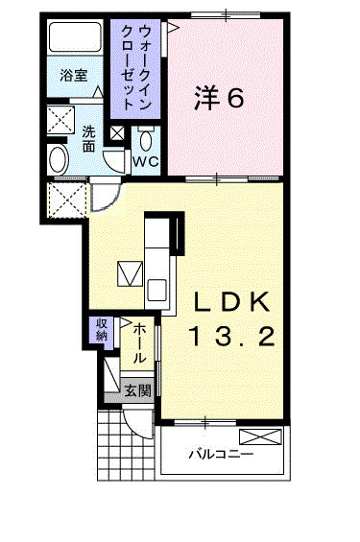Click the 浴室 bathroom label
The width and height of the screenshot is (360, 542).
pos(74,76)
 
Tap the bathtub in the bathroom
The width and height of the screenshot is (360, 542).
pos(75,37)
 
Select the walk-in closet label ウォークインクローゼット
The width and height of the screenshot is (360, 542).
pos(135,68)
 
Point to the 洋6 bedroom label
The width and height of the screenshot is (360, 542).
pos(219,97)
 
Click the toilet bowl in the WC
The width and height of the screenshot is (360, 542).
pos(146,140)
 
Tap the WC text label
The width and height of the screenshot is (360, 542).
pos(146,161)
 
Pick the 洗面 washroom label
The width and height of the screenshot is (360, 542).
pos(88,139)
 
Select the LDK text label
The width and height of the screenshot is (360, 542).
pos(231,302)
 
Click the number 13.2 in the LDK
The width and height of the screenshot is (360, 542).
pos(232,337)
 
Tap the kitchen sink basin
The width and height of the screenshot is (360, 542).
pos(156,290)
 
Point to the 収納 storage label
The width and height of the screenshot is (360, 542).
pos(102,330)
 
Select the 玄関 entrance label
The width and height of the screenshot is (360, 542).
pos(137,390)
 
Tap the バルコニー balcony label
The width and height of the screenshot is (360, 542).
pos(221,454)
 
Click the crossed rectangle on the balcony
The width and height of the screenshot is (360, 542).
pos(260,436)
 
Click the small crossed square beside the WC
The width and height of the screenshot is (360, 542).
pos(117,133)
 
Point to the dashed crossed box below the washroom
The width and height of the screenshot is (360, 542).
pos(67,200)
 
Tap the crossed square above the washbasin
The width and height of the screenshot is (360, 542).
pos(60,120)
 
